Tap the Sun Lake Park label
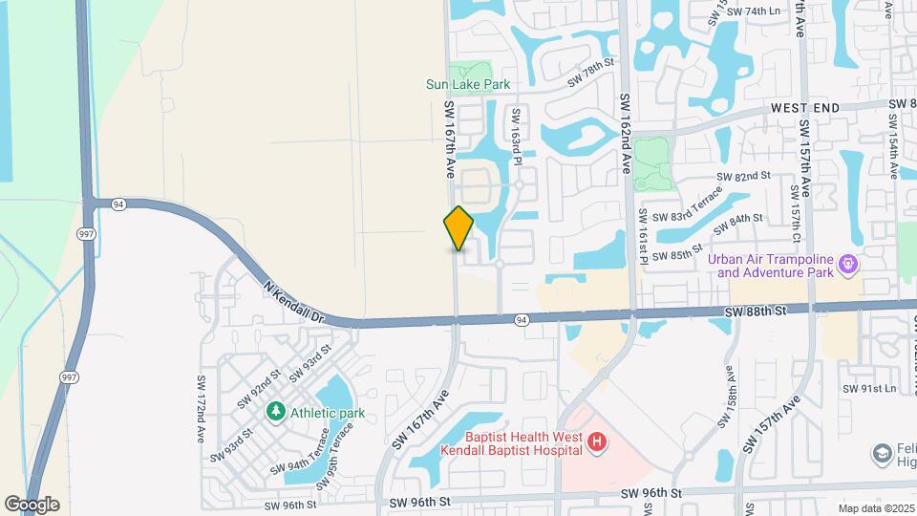point(468,84)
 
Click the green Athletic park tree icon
point(276,412)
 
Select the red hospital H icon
point(597,441)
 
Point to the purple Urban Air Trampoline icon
point(847,262)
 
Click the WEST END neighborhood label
point(804,108)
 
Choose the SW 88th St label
point(755,312)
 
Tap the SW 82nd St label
point(743,177)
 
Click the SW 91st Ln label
point(870,388)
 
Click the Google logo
point(32,505)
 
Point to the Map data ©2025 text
point(876,508)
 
